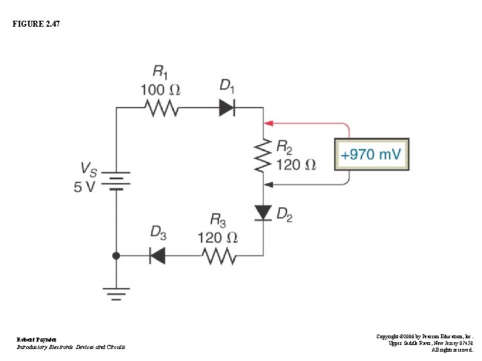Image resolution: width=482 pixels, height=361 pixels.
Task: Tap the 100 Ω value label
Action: tap(160, 88)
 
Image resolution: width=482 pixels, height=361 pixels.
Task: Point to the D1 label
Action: tap(227, 85)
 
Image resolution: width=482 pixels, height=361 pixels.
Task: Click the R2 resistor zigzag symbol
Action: tap(263, 154)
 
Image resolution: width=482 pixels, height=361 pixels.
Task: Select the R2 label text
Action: tap(284, 146)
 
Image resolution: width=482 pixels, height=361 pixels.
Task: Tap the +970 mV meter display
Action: tap(372, 154)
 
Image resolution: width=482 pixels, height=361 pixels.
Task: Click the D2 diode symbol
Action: tap(263, 213)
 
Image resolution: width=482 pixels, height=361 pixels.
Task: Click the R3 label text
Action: tap(218, 219)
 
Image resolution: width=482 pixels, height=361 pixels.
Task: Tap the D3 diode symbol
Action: tap(157, 255)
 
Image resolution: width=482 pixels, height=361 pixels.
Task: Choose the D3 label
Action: tap(158, 232)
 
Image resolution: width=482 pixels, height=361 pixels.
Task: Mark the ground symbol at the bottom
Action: tap(116, 291)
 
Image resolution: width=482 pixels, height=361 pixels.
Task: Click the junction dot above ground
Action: tap(116, 255)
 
